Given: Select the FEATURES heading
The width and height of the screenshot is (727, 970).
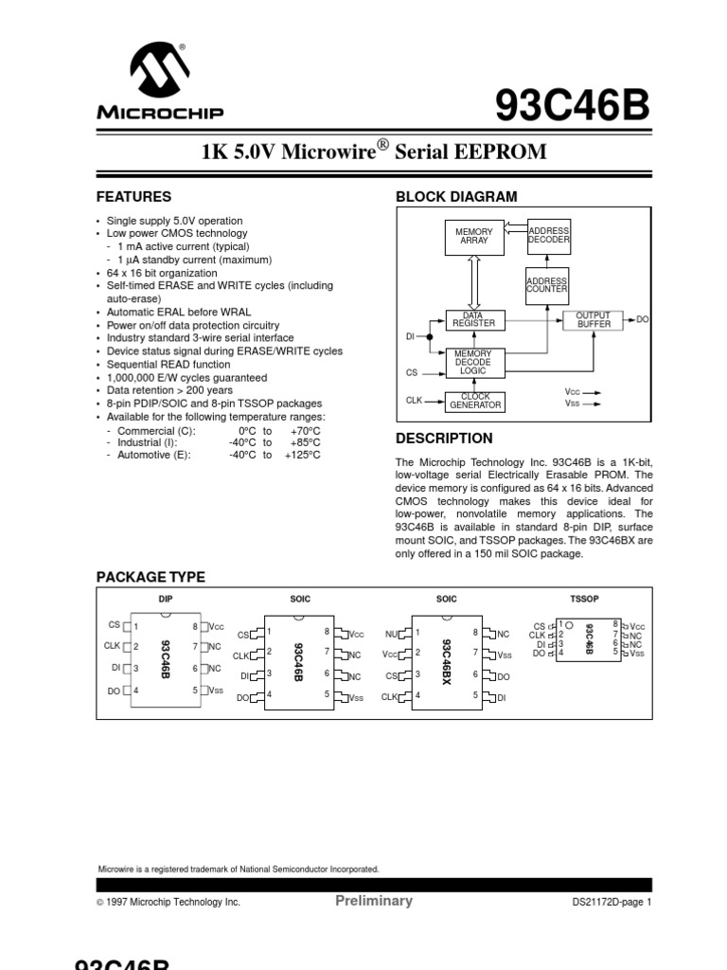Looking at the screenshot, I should (134, 197).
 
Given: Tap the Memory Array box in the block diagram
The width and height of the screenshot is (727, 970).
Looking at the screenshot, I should (474, 236).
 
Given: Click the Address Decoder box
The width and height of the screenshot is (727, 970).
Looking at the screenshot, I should (548, 236).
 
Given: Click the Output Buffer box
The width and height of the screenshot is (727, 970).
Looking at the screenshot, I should (594, 319).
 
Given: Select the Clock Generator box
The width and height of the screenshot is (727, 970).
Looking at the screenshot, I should (474, 401).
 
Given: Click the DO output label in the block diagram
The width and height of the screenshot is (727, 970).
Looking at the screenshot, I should (643, 319).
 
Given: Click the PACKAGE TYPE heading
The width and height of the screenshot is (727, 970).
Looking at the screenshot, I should (151, 578).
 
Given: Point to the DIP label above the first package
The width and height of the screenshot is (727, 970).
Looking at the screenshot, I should (165, 599).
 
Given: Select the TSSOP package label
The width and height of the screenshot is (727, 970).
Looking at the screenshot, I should (585, 599).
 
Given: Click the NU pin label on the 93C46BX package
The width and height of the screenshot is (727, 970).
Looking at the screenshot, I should (391, 633).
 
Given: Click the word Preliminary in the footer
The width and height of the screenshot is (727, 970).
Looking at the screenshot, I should (374, 901).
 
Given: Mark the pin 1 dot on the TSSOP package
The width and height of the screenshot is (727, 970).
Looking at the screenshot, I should (569, 624).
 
